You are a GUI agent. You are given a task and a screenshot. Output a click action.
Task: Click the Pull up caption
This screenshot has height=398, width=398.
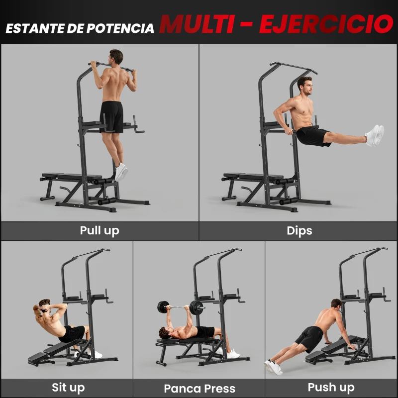pos(99,231)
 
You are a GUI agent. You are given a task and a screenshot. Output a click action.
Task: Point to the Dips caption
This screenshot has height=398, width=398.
pos(299,231)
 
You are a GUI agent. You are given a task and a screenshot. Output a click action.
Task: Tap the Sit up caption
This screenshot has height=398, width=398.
pos(68,388)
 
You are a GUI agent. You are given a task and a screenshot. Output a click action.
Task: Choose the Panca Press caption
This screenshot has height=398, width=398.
pos(199,389)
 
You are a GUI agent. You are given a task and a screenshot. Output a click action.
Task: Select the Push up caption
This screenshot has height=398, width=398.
pos(331,387)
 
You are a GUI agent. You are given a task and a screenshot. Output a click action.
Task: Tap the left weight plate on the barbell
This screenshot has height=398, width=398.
pos(163,307)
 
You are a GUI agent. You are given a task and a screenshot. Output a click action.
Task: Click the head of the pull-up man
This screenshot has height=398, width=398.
pos(116,57)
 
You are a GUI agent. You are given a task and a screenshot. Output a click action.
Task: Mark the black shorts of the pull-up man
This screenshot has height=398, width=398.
pos(111,116)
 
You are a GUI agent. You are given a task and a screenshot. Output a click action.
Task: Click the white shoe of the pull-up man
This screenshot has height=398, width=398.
pos(121,172)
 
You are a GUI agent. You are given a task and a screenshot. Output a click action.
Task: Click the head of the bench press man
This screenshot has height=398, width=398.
pos(164,333)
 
